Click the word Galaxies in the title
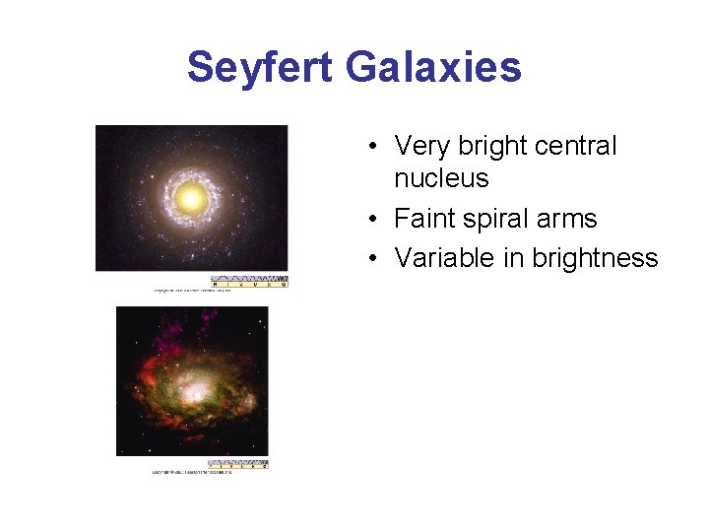(x=432, y=68)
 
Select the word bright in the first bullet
(x=488, y=146)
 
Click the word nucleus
(x=441, y=178)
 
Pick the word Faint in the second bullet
(x=426, y=219)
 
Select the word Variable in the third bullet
(x=442, y=258)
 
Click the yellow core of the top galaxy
(x=191, y=199)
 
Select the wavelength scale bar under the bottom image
(x=237, y=464)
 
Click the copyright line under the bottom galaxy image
(x=191, y=473)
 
